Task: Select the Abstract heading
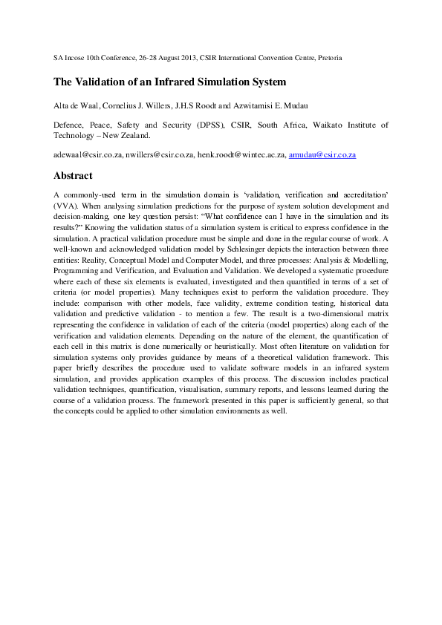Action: [73, 176]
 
